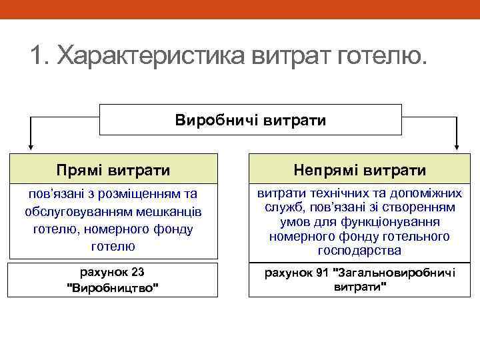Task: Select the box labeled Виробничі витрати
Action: pos(251,120)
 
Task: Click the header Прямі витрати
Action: pos(112,171)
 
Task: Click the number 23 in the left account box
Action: pos(138,272)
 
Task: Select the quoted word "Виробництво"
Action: pos(113,287)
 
